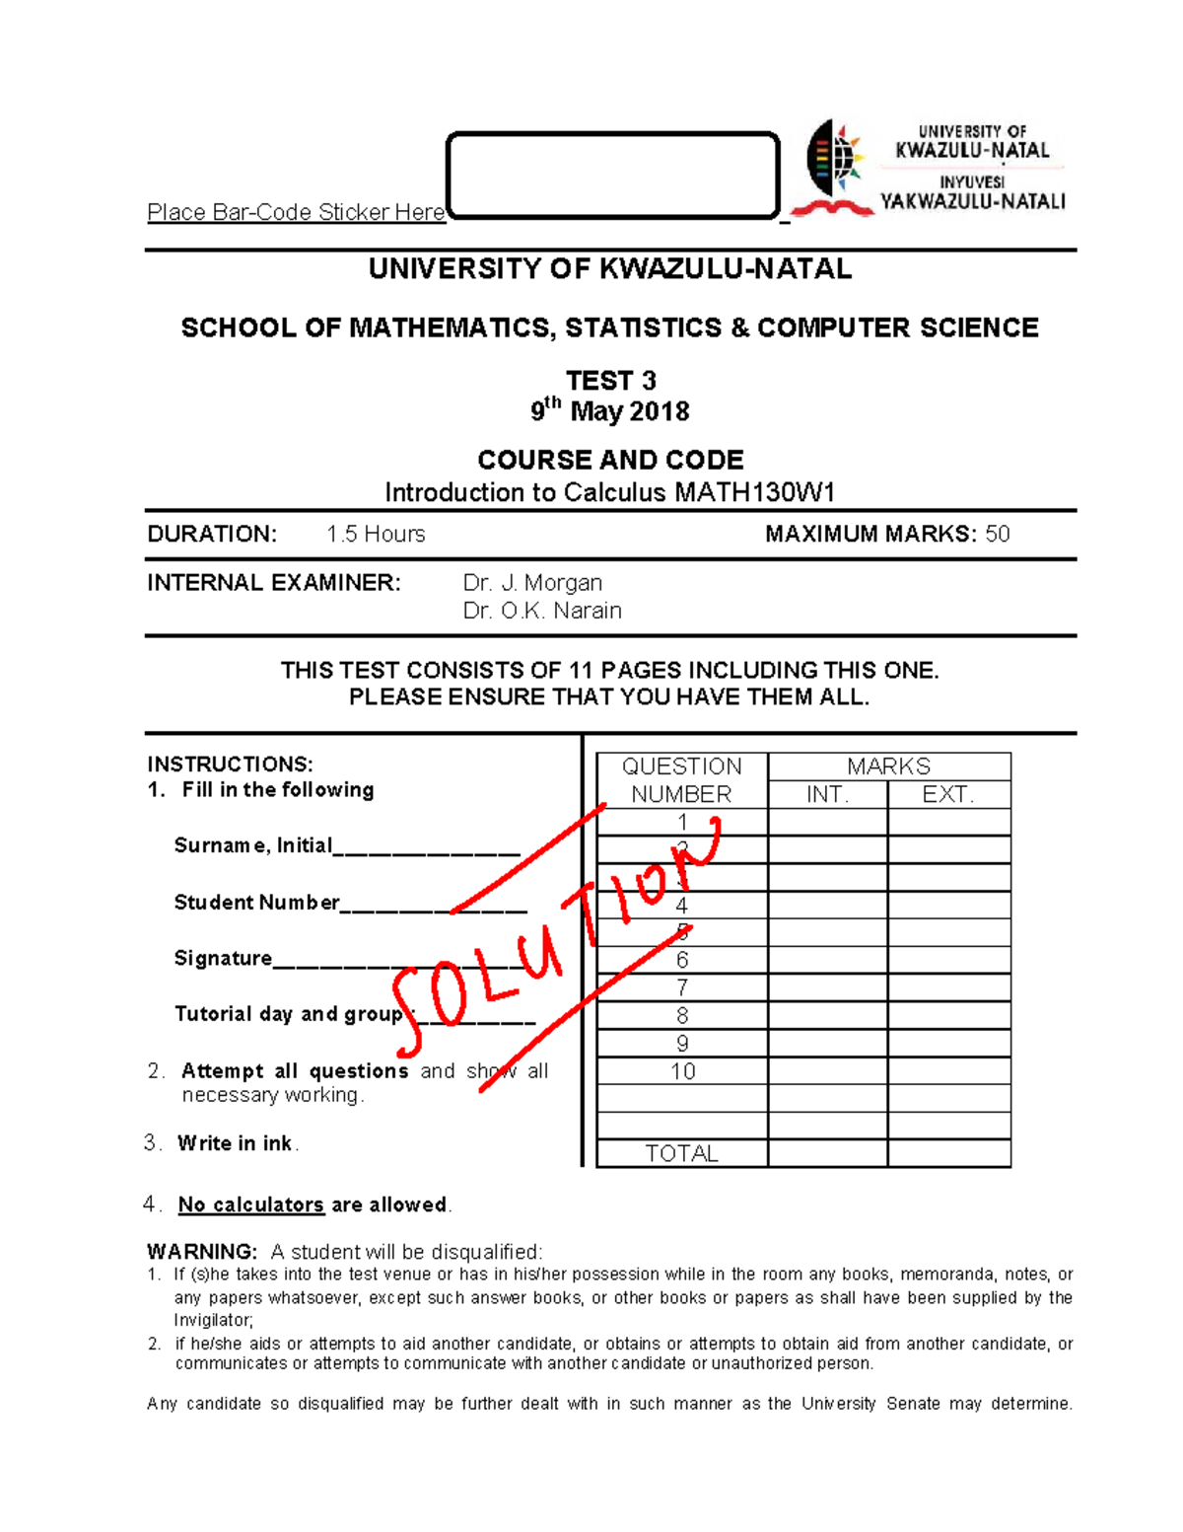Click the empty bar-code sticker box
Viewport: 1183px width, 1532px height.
pyautogui.click(x=612, y=175)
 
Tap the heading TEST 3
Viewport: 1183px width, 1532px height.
pyautogui.click(x=610, y=381)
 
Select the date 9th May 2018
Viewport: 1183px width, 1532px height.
pyautogui.click(x=610, y=410)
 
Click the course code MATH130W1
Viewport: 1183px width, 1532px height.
pyautogui.click(x=754, y=492)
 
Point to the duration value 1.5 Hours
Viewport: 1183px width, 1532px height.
pyautogui.click(x=376, y=534)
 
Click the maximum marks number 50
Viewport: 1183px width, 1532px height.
pyautogui.click(x=998, y=534)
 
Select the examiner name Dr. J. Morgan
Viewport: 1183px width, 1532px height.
pyautogui.click(x=532, y=583)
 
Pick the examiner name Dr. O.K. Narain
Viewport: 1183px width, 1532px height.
pyautogui.click(x=542, y=611)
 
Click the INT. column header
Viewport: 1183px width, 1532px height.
pyautogui.click(x=827, y=794)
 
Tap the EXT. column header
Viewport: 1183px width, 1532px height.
pyautogui.click(x=948, y=794)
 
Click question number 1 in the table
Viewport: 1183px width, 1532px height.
pyautogui.click(x=682, y=822)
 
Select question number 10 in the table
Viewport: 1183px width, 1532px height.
pyautogui.click(x=682, y=1071)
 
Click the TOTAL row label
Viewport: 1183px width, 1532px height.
pyautogui.click(x=681, y=1153)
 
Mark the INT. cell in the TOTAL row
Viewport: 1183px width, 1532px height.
pyautogui.click(x=827, y=1153)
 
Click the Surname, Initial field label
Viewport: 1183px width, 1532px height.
pyautogui.click(x=252, y=845)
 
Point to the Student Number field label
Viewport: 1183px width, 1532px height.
pyautogui.click(x=256, y=903)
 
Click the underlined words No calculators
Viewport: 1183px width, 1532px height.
pyautogui.click(x=250, y=1204)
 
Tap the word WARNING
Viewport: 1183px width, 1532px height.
pyautogui.click(x=202, y=1252)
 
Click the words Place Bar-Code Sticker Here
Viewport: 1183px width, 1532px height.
pyautogui.click(x=296, y=212)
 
